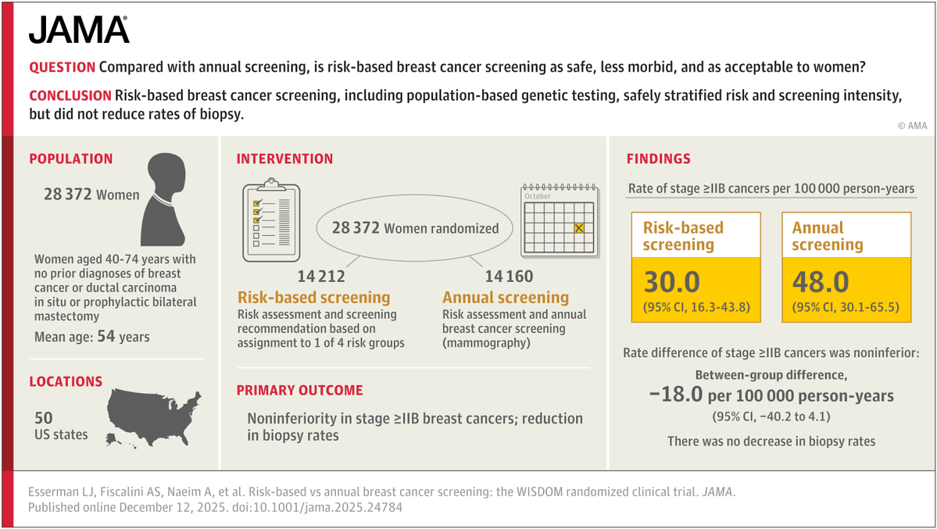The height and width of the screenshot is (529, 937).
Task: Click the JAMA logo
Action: tap(79, 30)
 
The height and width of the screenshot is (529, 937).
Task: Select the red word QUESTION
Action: tap(63, 67)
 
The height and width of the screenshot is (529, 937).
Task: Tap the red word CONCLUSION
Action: tap(70, 95)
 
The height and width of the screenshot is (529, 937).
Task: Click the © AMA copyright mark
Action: tap(912, 126)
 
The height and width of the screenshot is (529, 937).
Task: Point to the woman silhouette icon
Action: tap(163, 199)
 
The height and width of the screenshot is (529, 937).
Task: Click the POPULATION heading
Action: tap(71, 159)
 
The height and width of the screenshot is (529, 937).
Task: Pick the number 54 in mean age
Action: tap(106, 336)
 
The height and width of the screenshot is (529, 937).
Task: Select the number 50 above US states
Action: tap(44, 418)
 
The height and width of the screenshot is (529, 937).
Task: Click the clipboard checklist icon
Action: tap(271, 220)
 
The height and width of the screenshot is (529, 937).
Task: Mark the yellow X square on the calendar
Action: tap(578, 227)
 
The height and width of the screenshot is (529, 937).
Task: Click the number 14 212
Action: tap(321, 276)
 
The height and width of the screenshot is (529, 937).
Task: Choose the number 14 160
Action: tap(509, 276)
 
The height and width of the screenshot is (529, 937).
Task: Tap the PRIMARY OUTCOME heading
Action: tap(299, 391)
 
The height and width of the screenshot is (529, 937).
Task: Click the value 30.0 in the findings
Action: tap(671, 282)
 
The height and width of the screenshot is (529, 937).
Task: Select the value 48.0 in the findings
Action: tap(821, 282)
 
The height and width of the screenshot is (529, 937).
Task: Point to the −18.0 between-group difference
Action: tap(676, 395)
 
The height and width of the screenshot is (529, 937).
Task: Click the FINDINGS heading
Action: tap(659, 159)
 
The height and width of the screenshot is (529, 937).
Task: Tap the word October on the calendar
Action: tap(537, 196)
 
